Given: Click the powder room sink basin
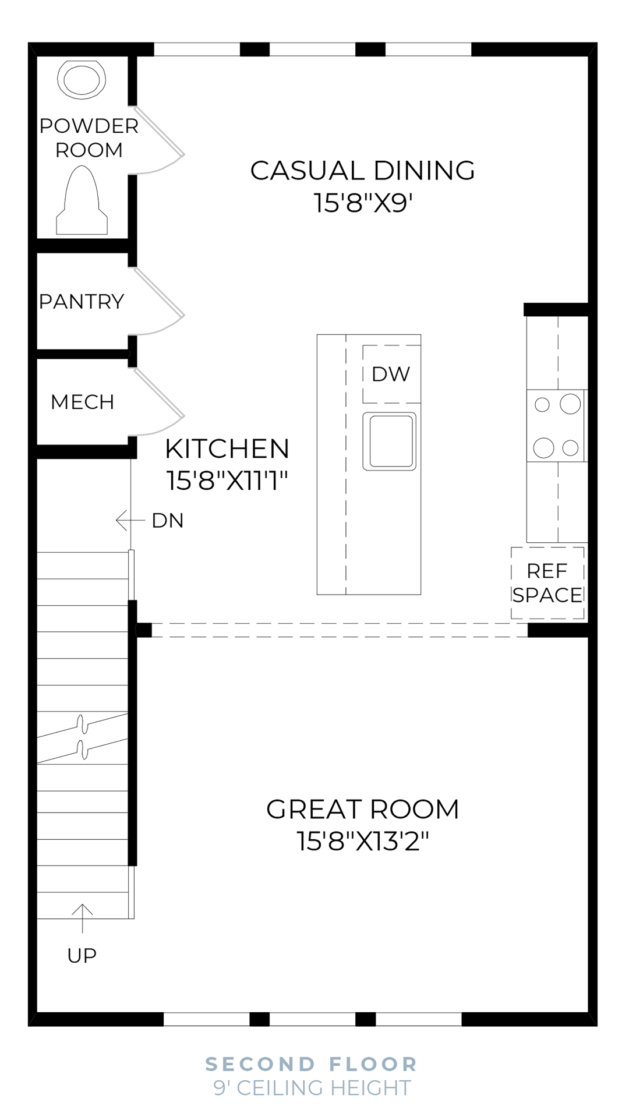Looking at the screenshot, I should click(x=82, y=79).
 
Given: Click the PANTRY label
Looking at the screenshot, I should click(x=82, y=302).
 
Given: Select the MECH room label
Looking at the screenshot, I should click(x=82, y=402).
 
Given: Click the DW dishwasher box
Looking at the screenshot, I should click(x=391, y=374).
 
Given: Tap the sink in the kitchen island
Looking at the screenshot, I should click(x=390, y=441).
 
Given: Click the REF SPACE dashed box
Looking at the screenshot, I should click(x=547, y=582).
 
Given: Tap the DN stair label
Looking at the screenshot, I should click(x=168, y=521).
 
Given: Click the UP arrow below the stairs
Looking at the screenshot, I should click(x=82, y=918).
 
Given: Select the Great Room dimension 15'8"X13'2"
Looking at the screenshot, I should click(x=363, y=842).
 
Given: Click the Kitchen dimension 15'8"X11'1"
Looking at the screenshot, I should click(x=227, y=481).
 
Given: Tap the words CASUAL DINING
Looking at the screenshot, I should click(x=362, y=171).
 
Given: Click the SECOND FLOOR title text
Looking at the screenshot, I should click(x=312, y=1064).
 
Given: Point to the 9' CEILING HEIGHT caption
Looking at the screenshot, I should click(x=312, y=1087).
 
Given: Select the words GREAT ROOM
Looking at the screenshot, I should click(x=362, y=810).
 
